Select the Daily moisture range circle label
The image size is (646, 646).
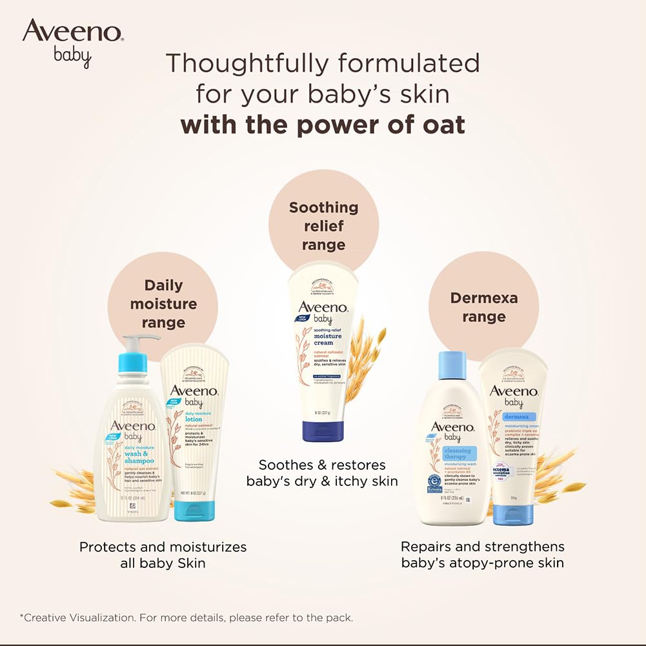point(163,303)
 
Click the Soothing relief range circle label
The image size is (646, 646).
point(323,226)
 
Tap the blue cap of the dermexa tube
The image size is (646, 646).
point(514,513)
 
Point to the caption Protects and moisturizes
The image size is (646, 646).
point(163,547)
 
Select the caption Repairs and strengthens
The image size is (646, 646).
point(482,547)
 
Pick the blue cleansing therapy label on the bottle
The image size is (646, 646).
point(458,454)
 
